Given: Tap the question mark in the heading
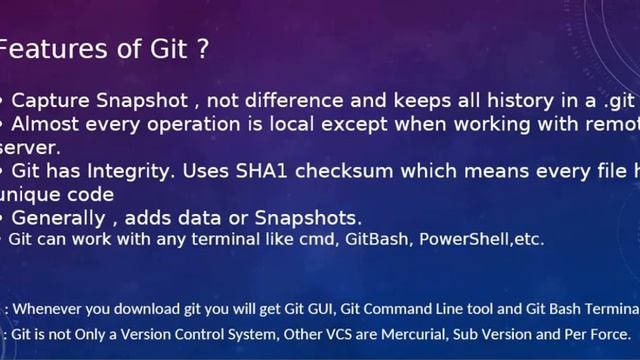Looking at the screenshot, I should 203,48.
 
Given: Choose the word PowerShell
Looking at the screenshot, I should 465,240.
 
